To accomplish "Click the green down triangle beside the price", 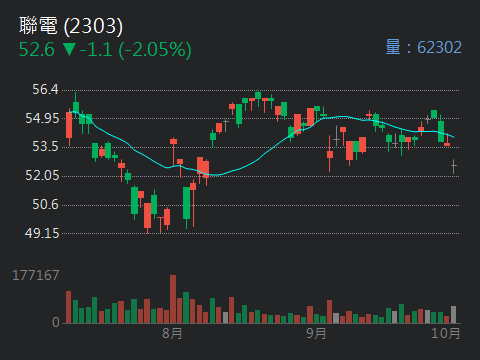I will click(69, 48).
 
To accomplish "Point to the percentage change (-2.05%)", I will click(156, 48).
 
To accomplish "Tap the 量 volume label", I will click(393, 47).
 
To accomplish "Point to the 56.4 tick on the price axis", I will click(44, 90).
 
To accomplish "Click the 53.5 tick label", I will click(44, 147).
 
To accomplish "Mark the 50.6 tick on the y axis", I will click(44, 205).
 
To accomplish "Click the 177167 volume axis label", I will click(36, 275).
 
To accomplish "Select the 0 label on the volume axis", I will click(56, 322).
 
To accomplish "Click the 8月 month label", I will click(172, 332).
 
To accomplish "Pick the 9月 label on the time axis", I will click(316, 332).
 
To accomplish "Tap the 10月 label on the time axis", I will click(446, 332).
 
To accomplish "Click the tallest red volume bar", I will click(173, 299).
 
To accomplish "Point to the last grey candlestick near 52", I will click(453, 166).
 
